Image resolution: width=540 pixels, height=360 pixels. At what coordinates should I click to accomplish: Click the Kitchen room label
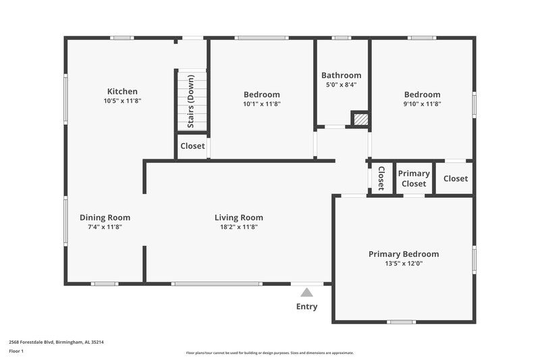point(122,91)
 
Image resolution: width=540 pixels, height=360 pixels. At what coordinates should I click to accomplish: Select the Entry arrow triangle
point(307,292)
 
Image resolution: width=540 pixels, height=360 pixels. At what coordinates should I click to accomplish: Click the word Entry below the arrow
point(306,307)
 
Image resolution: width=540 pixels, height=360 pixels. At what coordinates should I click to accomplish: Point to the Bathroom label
point(341,75)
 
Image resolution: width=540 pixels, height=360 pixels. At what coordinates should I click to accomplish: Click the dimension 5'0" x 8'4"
point(341,85)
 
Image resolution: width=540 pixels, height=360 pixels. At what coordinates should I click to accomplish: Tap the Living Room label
point(238,217)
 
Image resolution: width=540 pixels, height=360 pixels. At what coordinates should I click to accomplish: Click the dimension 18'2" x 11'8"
point(238,227)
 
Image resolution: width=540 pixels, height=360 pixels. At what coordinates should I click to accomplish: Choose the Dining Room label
point(105,217)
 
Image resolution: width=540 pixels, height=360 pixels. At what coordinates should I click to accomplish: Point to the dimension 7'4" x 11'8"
point(105,227)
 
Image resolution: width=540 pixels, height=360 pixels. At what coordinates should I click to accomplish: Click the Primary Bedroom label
point(404,254)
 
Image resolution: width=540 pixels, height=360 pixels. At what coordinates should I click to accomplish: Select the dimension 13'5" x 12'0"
point(404,263)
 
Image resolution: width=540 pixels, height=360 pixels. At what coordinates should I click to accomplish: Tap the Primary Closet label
point(414,179)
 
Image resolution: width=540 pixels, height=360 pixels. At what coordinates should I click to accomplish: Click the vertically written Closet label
point(381,178)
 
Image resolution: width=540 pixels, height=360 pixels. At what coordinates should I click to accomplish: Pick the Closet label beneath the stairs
point(192,146)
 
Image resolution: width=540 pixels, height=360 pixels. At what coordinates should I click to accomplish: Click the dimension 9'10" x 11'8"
point(422,104)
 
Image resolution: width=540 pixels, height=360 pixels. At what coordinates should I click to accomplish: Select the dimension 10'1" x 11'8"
point(261,104)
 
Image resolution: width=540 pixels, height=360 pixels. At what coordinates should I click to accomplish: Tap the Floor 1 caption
point(16,351)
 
